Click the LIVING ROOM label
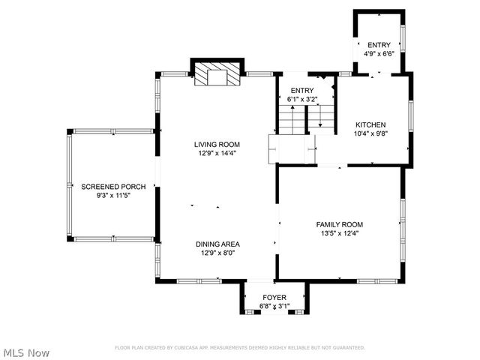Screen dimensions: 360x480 point(217,145)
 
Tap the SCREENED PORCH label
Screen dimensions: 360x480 point(113,187)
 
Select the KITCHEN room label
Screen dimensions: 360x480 point(370,124)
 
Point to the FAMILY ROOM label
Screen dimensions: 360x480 point(339,224)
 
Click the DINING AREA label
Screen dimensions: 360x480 point(217,244)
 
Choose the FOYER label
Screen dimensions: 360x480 point(274,298)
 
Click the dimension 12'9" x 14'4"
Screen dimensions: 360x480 point(217,154)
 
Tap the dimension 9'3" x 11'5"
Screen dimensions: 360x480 point(113,196)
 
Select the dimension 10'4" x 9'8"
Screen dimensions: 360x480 point(370,133)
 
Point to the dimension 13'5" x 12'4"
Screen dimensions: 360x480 point(339,233)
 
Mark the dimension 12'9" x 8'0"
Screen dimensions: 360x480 point(217,253)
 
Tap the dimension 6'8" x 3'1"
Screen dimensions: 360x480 point(274,306)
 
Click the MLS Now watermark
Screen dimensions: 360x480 point(26,352)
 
